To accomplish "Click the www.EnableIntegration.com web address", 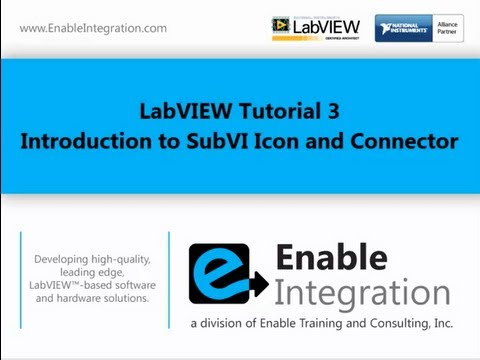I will tap(93, 28).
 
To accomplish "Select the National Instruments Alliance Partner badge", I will tap(419, 27).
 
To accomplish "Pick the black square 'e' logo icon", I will tap(226, 273).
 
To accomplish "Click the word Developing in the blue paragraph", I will tap(63, 259).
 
